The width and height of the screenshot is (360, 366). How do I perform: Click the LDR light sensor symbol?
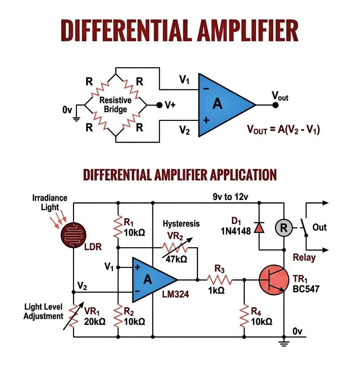[x=74, y=235]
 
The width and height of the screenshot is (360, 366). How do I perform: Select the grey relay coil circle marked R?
[x=284, y=228]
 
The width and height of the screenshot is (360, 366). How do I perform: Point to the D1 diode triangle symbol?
[x=259, y=228]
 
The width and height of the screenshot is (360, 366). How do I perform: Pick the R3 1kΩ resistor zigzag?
[x=220, y=280]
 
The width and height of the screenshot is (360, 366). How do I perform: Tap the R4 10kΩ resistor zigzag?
[x=244, y=316]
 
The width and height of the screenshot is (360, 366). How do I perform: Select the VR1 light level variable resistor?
[x=74, y=316]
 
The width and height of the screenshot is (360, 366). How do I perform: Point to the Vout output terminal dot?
[x=275, y=105]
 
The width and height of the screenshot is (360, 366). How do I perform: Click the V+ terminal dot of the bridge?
[x=159, y=105]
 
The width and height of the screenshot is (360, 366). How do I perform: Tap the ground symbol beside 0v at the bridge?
[x=76, y=119]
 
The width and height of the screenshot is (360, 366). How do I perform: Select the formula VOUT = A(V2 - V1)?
[x=283, y=129]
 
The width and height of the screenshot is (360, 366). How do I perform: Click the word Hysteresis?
[x=181, y=224]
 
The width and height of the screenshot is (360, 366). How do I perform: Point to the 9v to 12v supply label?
[x=230, y=197]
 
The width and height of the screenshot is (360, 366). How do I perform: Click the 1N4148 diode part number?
[x=236, y=231]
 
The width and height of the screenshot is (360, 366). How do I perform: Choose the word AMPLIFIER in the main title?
[x=248, y=30]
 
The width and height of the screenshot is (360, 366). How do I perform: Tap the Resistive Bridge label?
[x=115, y=105]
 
